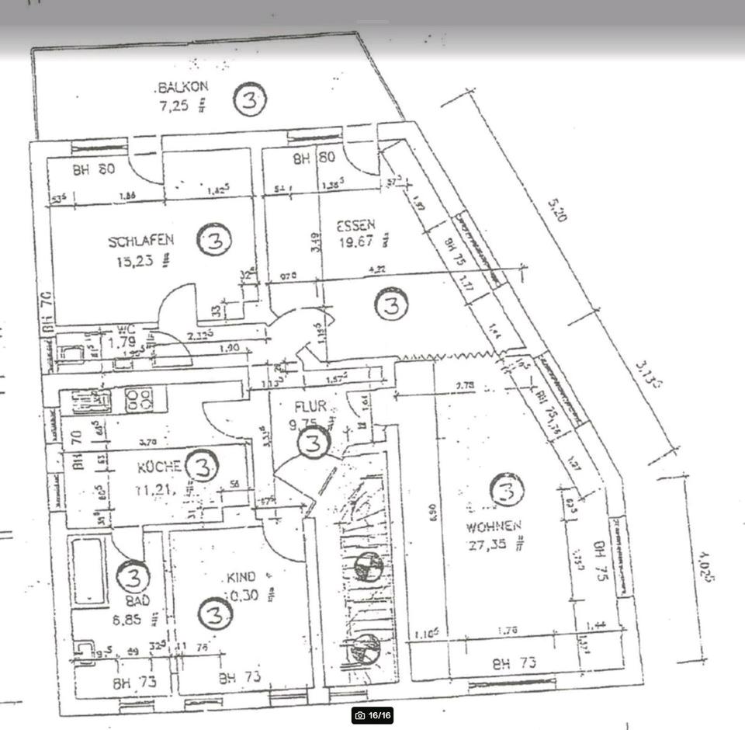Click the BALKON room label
(x=183, y=87)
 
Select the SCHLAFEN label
(x=141, y=241)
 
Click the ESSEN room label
(x=355, y=226)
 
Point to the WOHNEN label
(x=492, y=527)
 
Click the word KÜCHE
(x=160, y=467)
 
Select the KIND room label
(x=241, y=578)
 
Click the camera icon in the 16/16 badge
(x=359, y=715)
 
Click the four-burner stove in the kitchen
(x=140, y=400)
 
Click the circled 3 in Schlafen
(x=214, y=241)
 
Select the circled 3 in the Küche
(x=203, y=467)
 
